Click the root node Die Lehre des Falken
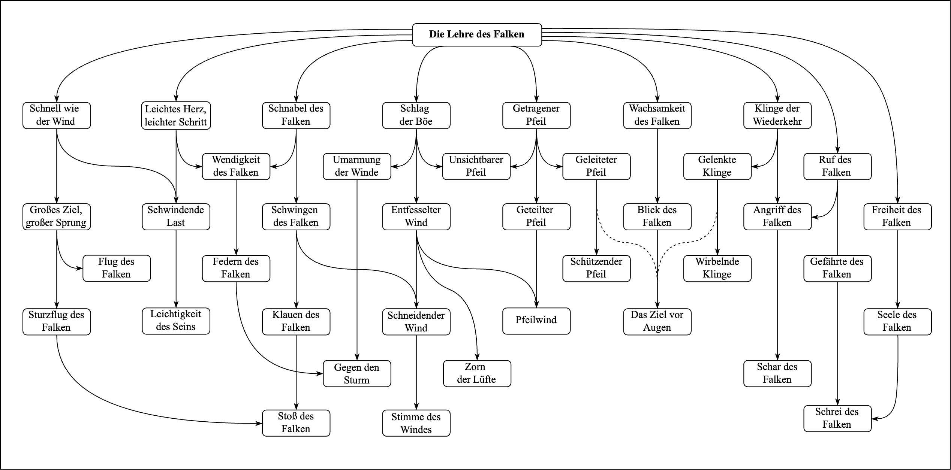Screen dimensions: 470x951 pos(477,34)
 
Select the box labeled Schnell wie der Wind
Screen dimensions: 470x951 pos(56,115)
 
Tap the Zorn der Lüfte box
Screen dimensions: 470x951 pos(477,373)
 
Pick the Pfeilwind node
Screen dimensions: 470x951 pos(536,321)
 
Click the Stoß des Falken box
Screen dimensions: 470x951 pos(296,423)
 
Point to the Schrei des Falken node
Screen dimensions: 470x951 pos(837,418)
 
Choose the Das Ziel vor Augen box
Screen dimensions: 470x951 pos(657,321)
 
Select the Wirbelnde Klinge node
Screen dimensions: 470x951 pos(717,268)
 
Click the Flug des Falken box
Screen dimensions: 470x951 pos(117,268)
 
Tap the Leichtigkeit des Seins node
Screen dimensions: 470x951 pos(176,321)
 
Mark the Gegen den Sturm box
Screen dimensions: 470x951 pos(357,373)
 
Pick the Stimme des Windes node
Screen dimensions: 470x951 pos(416,423)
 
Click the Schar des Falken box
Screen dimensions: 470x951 pos(777,373)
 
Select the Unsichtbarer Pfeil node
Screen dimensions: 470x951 pos(476,166)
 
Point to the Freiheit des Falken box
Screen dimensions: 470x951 pos(897,216)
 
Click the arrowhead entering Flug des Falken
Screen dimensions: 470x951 pos(80,268)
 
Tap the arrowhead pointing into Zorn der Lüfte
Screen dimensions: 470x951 pos(478,357)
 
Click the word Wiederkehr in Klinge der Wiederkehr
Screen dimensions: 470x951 pos(777,122)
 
